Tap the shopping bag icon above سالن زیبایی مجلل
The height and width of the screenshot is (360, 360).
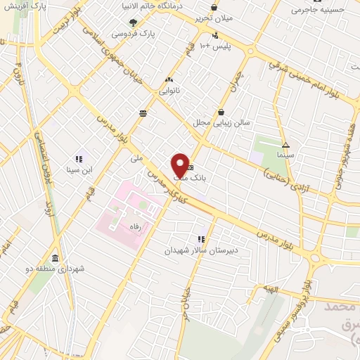pyautogui.click(x=221, y=112)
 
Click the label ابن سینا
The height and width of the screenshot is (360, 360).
pyautogui.click(x=79, y=170)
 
